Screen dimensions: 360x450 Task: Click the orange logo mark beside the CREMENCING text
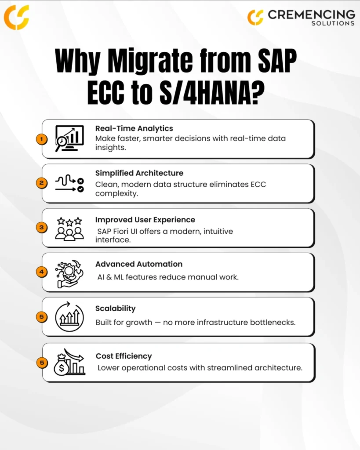255,17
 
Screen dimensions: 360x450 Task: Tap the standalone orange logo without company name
16,17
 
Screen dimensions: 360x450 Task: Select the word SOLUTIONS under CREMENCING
333,23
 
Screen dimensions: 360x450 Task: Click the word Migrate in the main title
150,62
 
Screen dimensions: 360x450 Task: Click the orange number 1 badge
42,139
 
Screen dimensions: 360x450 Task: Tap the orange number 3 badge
42,228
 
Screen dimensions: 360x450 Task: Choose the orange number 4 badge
42,272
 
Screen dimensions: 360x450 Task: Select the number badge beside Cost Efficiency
42,363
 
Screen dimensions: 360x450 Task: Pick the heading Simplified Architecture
139,173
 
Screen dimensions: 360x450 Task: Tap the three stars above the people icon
69,221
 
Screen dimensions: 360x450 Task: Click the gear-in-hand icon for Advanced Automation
69,274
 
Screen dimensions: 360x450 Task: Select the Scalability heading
116,308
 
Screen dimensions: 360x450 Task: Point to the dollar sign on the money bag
62,368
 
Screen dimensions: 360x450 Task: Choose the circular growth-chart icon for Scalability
69,317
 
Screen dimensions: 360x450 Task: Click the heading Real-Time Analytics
134,128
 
